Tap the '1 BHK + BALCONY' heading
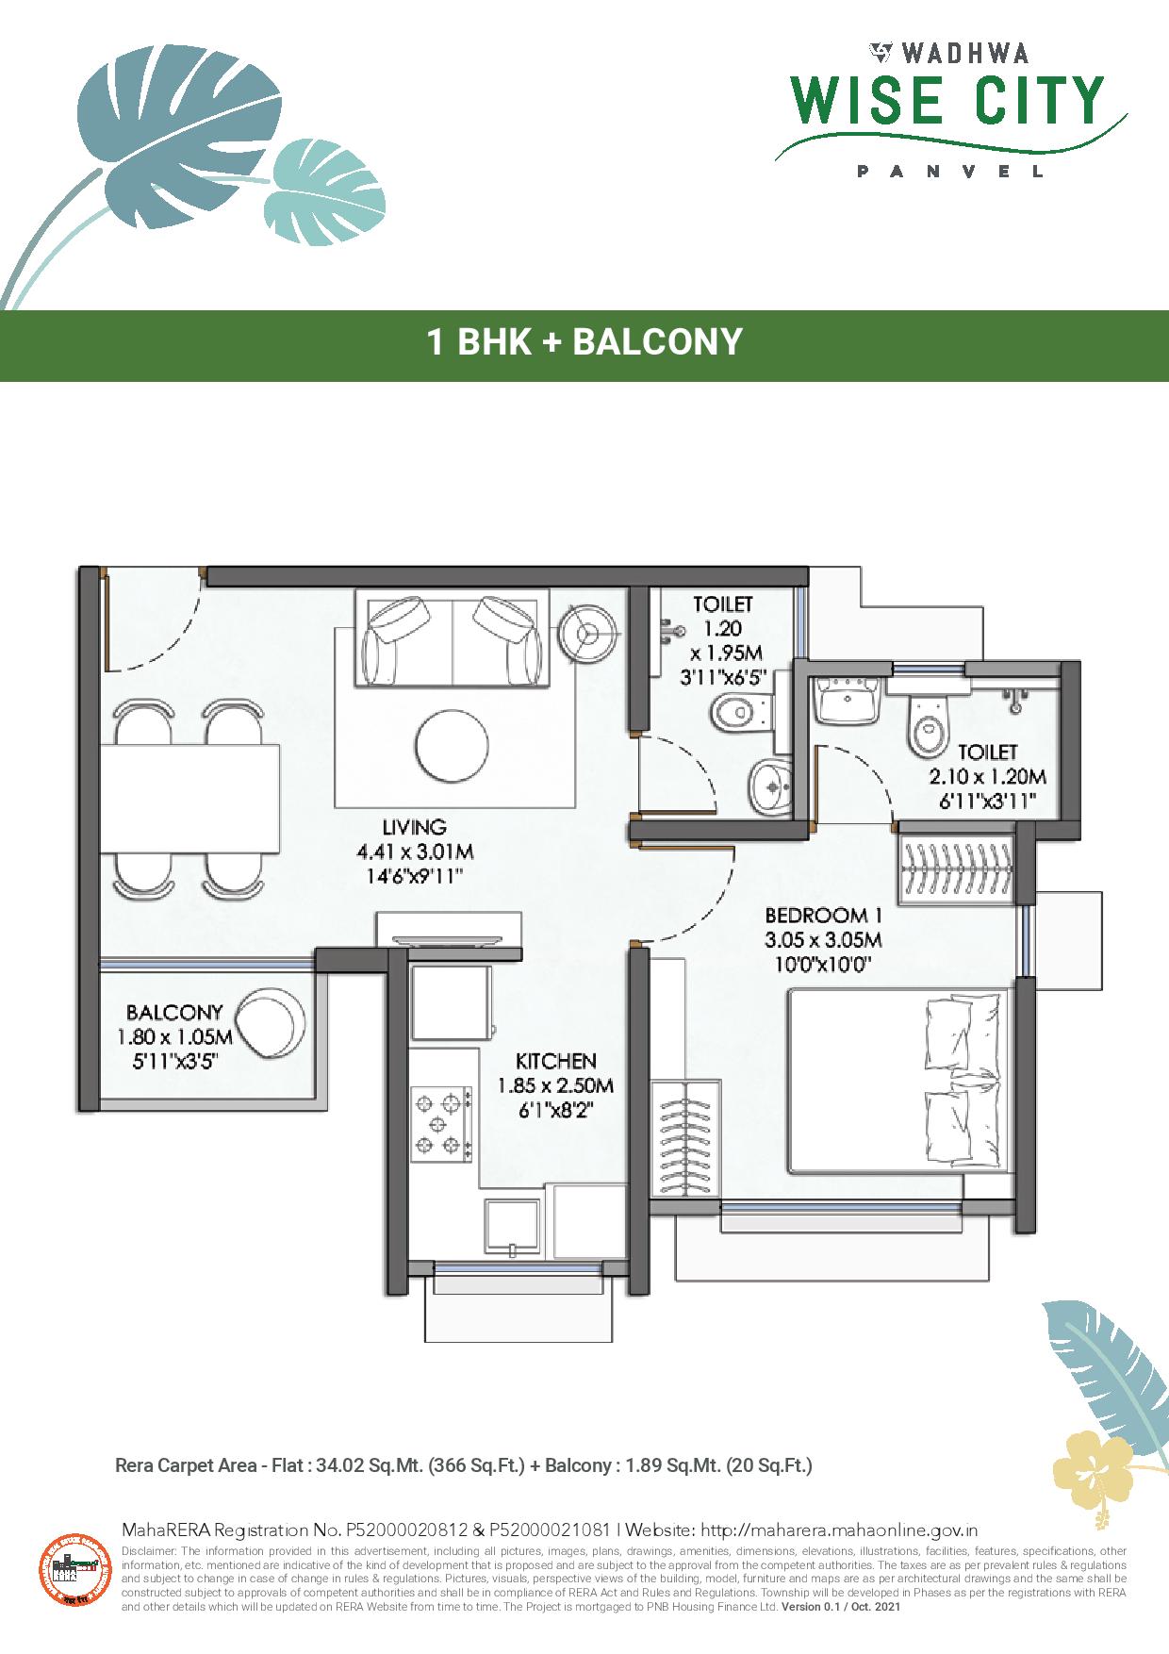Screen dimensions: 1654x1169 click(x=584, y=341)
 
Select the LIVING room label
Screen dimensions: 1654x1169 click(x=415, y=828)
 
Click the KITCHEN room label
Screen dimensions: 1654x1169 click(x=556, y=1061)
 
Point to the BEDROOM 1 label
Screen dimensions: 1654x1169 click(x=816, y=915)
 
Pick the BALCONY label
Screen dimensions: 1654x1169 click(x=174, y=1013)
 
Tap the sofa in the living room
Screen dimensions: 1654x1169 click(x=453, y=638)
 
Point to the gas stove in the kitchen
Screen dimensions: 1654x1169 click(x=441, y=1122)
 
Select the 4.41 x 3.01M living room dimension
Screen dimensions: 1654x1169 click(x=415, y=852)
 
